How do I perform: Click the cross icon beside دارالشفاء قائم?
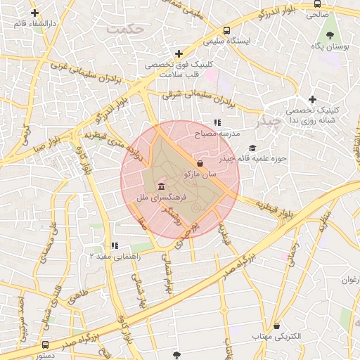click(34, 13)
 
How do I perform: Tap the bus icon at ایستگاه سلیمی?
click(226, 31)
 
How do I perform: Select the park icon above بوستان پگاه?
click(330, 34)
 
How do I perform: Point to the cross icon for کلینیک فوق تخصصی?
click(179, 53)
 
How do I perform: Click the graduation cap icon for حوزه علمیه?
click(252, 148)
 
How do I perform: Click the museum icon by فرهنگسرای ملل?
click(162, 187)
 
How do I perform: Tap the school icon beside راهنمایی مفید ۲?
click(113, 245)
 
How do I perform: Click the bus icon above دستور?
click(46, 345)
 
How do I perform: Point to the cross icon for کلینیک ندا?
click(312, 99)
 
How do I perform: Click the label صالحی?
click(316, 14)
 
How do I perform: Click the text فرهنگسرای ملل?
click(161, 200)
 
